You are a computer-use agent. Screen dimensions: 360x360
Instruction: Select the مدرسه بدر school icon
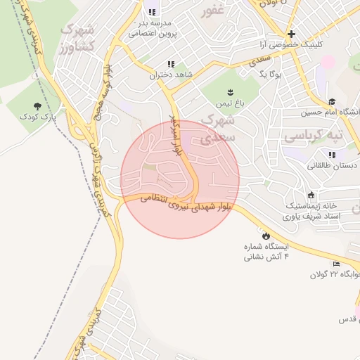point(152,12)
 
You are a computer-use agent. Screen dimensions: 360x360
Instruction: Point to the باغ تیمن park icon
point(229,92)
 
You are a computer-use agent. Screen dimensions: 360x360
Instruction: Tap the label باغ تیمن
point(229,103)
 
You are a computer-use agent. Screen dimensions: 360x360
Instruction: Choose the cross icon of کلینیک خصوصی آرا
point(291,34)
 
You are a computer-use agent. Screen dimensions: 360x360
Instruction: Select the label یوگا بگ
point(269,73)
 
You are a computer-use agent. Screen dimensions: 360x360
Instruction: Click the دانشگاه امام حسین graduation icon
point(331,103)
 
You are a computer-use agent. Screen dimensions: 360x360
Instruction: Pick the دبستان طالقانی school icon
point(331,155)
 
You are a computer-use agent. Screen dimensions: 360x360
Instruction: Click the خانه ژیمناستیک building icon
point(311,195)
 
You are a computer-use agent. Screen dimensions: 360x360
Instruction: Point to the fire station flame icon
point(266,236)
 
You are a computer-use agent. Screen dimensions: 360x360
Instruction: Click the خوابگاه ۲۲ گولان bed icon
point(335,264)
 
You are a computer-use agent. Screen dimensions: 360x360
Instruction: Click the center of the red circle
point(180,179)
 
